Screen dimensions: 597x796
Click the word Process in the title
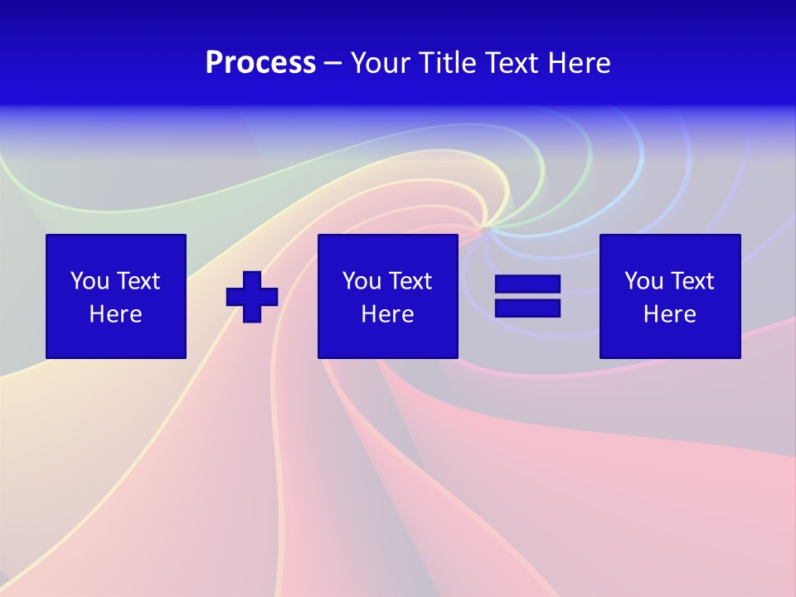260,63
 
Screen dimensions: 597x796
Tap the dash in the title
333,63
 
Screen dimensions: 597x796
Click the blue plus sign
252,296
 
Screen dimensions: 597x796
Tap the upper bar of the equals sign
527,284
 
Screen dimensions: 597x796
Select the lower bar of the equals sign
527,308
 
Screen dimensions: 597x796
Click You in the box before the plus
90,281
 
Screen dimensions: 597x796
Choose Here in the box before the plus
115,314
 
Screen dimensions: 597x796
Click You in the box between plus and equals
362,281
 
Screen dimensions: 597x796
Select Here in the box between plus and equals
387,314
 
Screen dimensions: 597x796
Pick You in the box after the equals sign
643,281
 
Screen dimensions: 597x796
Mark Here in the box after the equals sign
669,314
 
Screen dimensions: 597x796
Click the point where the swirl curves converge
486,227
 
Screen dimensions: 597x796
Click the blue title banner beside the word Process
124,63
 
